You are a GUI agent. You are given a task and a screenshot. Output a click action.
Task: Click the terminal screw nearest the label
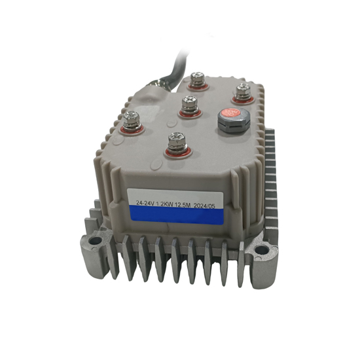tap(175, 141)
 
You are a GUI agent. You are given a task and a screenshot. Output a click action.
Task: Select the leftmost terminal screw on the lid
tap(133, 120)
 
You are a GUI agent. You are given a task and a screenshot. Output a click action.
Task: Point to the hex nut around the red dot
tap(230, 120)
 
